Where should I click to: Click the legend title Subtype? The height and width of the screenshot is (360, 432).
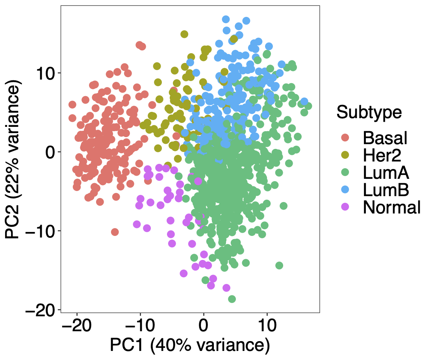(369, 113)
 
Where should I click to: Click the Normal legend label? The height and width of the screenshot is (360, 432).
(392, 208)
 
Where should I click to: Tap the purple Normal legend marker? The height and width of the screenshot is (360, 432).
(345, 208)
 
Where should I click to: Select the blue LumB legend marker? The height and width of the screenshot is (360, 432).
(345, 190)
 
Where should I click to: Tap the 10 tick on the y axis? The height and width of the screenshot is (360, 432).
(46, 73)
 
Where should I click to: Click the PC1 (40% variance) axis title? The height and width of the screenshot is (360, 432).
(190, 345)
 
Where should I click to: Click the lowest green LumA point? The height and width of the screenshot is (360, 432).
(232, 299)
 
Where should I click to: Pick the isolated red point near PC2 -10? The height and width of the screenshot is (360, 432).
(115, 232)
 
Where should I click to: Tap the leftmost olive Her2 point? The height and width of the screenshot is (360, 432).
(143, 125)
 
